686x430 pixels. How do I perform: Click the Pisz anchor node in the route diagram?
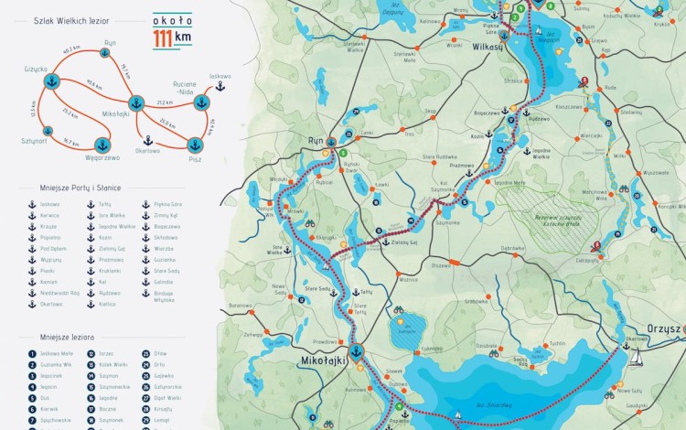tap(194, 145)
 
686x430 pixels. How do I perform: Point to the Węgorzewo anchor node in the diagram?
tap(103, 145)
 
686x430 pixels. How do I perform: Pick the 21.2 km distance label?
tap(165, 102)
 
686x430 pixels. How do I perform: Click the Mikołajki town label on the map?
tap(325, 361)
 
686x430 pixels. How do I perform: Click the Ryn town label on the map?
tap(316, 142)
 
